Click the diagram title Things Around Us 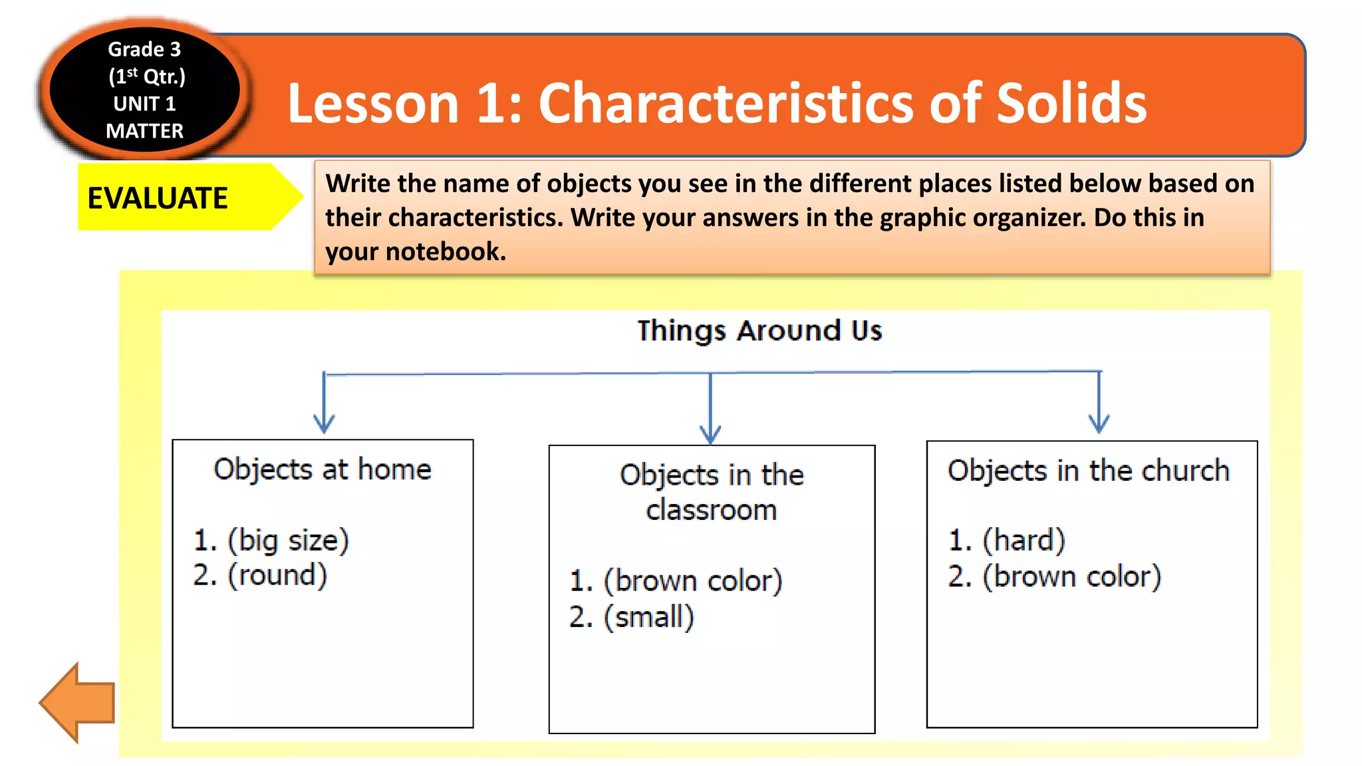coord(759,330)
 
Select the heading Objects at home coord(323,469)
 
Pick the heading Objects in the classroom coord(712,492)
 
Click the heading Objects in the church coord(1089,471)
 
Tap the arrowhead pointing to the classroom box coord(710,436)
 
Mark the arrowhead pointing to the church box coord(1099,425)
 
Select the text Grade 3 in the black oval coord(144,49)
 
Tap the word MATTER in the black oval coord(144,131)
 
